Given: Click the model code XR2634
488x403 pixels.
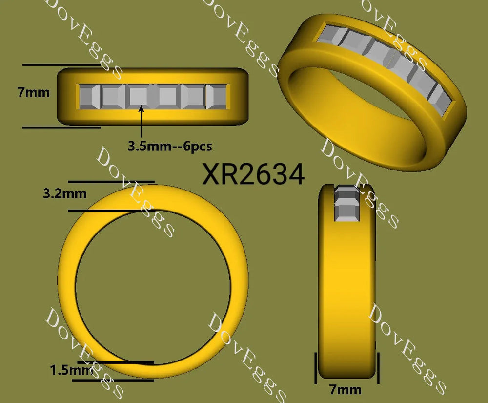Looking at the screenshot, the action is coord(253,174).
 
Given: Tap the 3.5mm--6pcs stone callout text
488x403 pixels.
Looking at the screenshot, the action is coord(170,146).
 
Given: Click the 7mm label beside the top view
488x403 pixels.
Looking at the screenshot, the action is coord(33,92).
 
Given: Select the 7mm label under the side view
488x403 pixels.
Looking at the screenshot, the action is coord(346,390).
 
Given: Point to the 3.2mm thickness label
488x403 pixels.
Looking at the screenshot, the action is coord(65,194).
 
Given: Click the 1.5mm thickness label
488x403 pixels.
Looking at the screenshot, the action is coord(72,370).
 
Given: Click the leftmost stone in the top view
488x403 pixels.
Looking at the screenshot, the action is coord(90,97).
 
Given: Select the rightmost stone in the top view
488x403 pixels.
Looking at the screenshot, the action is coord(217,97).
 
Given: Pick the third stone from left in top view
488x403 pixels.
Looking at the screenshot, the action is coord(138,97).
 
